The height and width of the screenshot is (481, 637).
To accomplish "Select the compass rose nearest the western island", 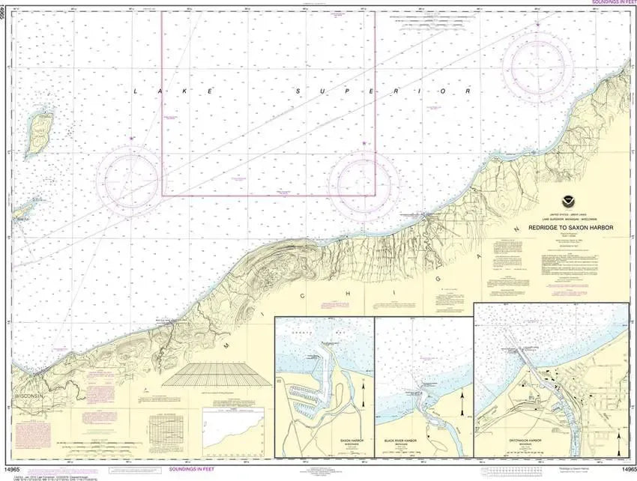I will click(133, 180).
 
